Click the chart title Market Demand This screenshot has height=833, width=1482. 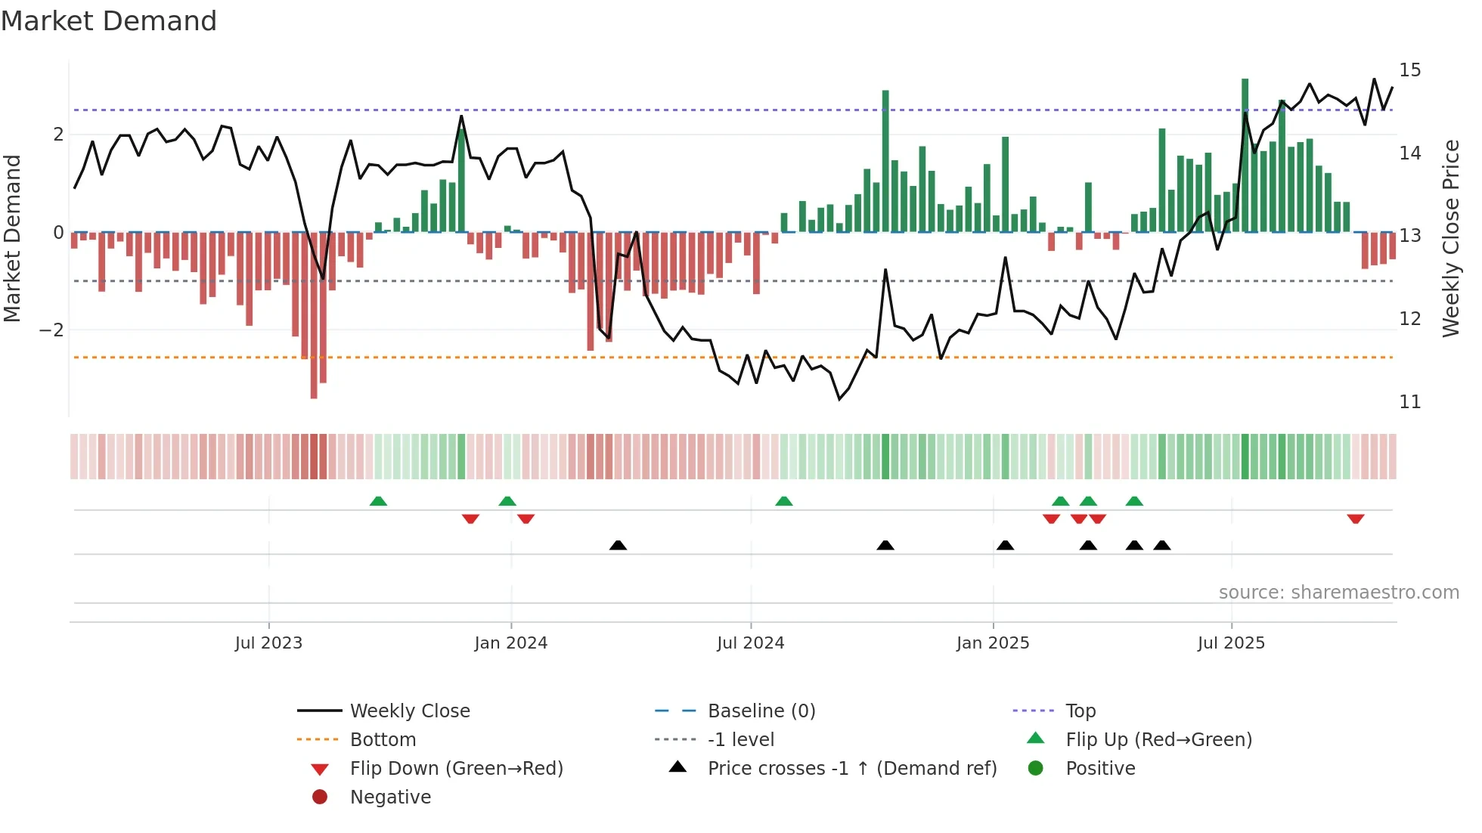pos(109,21)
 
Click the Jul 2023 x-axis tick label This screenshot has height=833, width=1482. pos(268,643)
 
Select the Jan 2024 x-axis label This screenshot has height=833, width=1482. pos(510,643)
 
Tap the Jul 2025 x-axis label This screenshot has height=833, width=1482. pos(1231,643)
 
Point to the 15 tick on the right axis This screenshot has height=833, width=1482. pos(1409,70)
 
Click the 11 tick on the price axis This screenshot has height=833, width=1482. pos(1409,402)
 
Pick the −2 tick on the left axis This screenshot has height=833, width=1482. pos(51,330)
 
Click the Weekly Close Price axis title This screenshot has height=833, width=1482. pos(1450,238)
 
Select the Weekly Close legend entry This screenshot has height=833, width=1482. pos(409,711)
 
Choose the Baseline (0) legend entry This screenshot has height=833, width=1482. pos(761,711)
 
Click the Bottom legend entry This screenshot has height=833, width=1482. pos(383,740)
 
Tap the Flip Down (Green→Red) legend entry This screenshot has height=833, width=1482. pos(456,769)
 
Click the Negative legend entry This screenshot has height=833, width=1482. pos(390,797)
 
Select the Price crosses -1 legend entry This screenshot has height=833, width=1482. pos(851,769)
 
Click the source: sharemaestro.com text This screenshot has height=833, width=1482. pos(1338,593)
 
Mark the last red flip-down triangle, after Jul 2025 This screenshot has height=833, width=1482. pos(1355,519)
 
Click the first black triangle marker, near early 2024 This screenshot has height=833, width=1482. pos(618,545)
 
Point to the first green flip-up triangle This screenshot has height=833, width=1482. pos(378,501)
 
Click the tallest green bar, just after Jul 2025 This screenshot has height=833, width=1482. pos(1245,155)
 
